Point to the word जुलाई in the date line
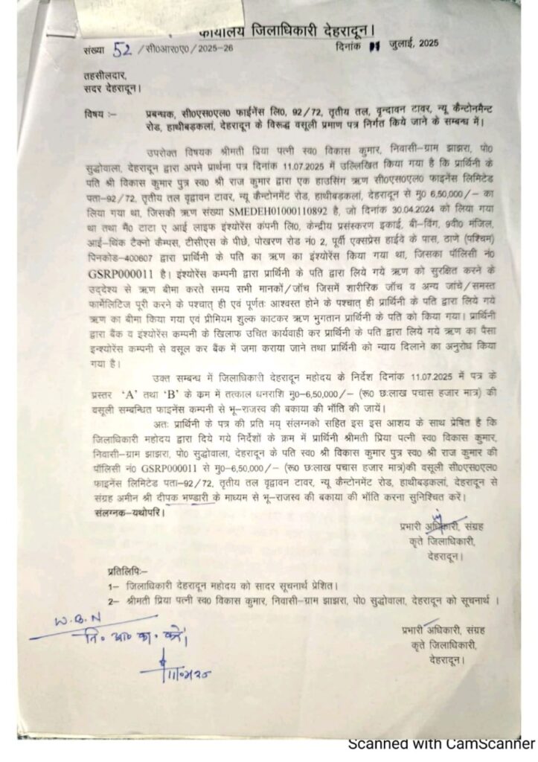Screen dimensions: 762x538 tap(403, 45)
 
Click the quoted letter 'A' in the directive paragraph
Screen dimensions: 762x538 tap(186, 394)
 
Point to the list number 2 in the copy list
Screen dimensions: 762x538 tap(110, 601)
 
